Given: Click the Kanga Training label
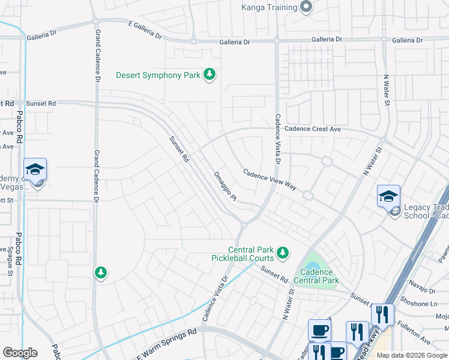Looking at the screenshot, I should pos(269,7).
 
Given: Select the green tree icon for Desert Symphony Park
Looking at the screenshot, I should pos(209,74).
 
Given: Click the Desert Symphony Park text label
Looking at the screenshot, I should pos(158,76).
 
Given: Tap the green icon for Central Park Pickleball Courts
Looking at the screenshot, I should pos(283,254).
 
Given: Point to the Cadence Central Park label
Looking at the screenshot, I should pos(316,276).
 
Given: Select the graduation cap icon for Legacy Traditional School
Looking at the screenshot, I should pos(388,196).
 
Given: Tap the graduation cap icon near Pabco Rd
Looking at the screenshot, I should pos(35,169).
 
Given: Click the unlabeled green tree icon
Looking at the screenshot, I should pos(101,273).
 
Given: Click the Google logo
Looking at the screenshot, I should pos(20,353).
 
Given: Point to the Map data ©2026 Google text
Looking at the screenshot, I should pos(411,355).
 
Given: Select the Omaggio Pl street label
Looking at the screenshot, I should pos(226,186).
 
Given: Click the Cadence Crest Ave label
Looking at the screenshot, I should pos(312,129).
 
